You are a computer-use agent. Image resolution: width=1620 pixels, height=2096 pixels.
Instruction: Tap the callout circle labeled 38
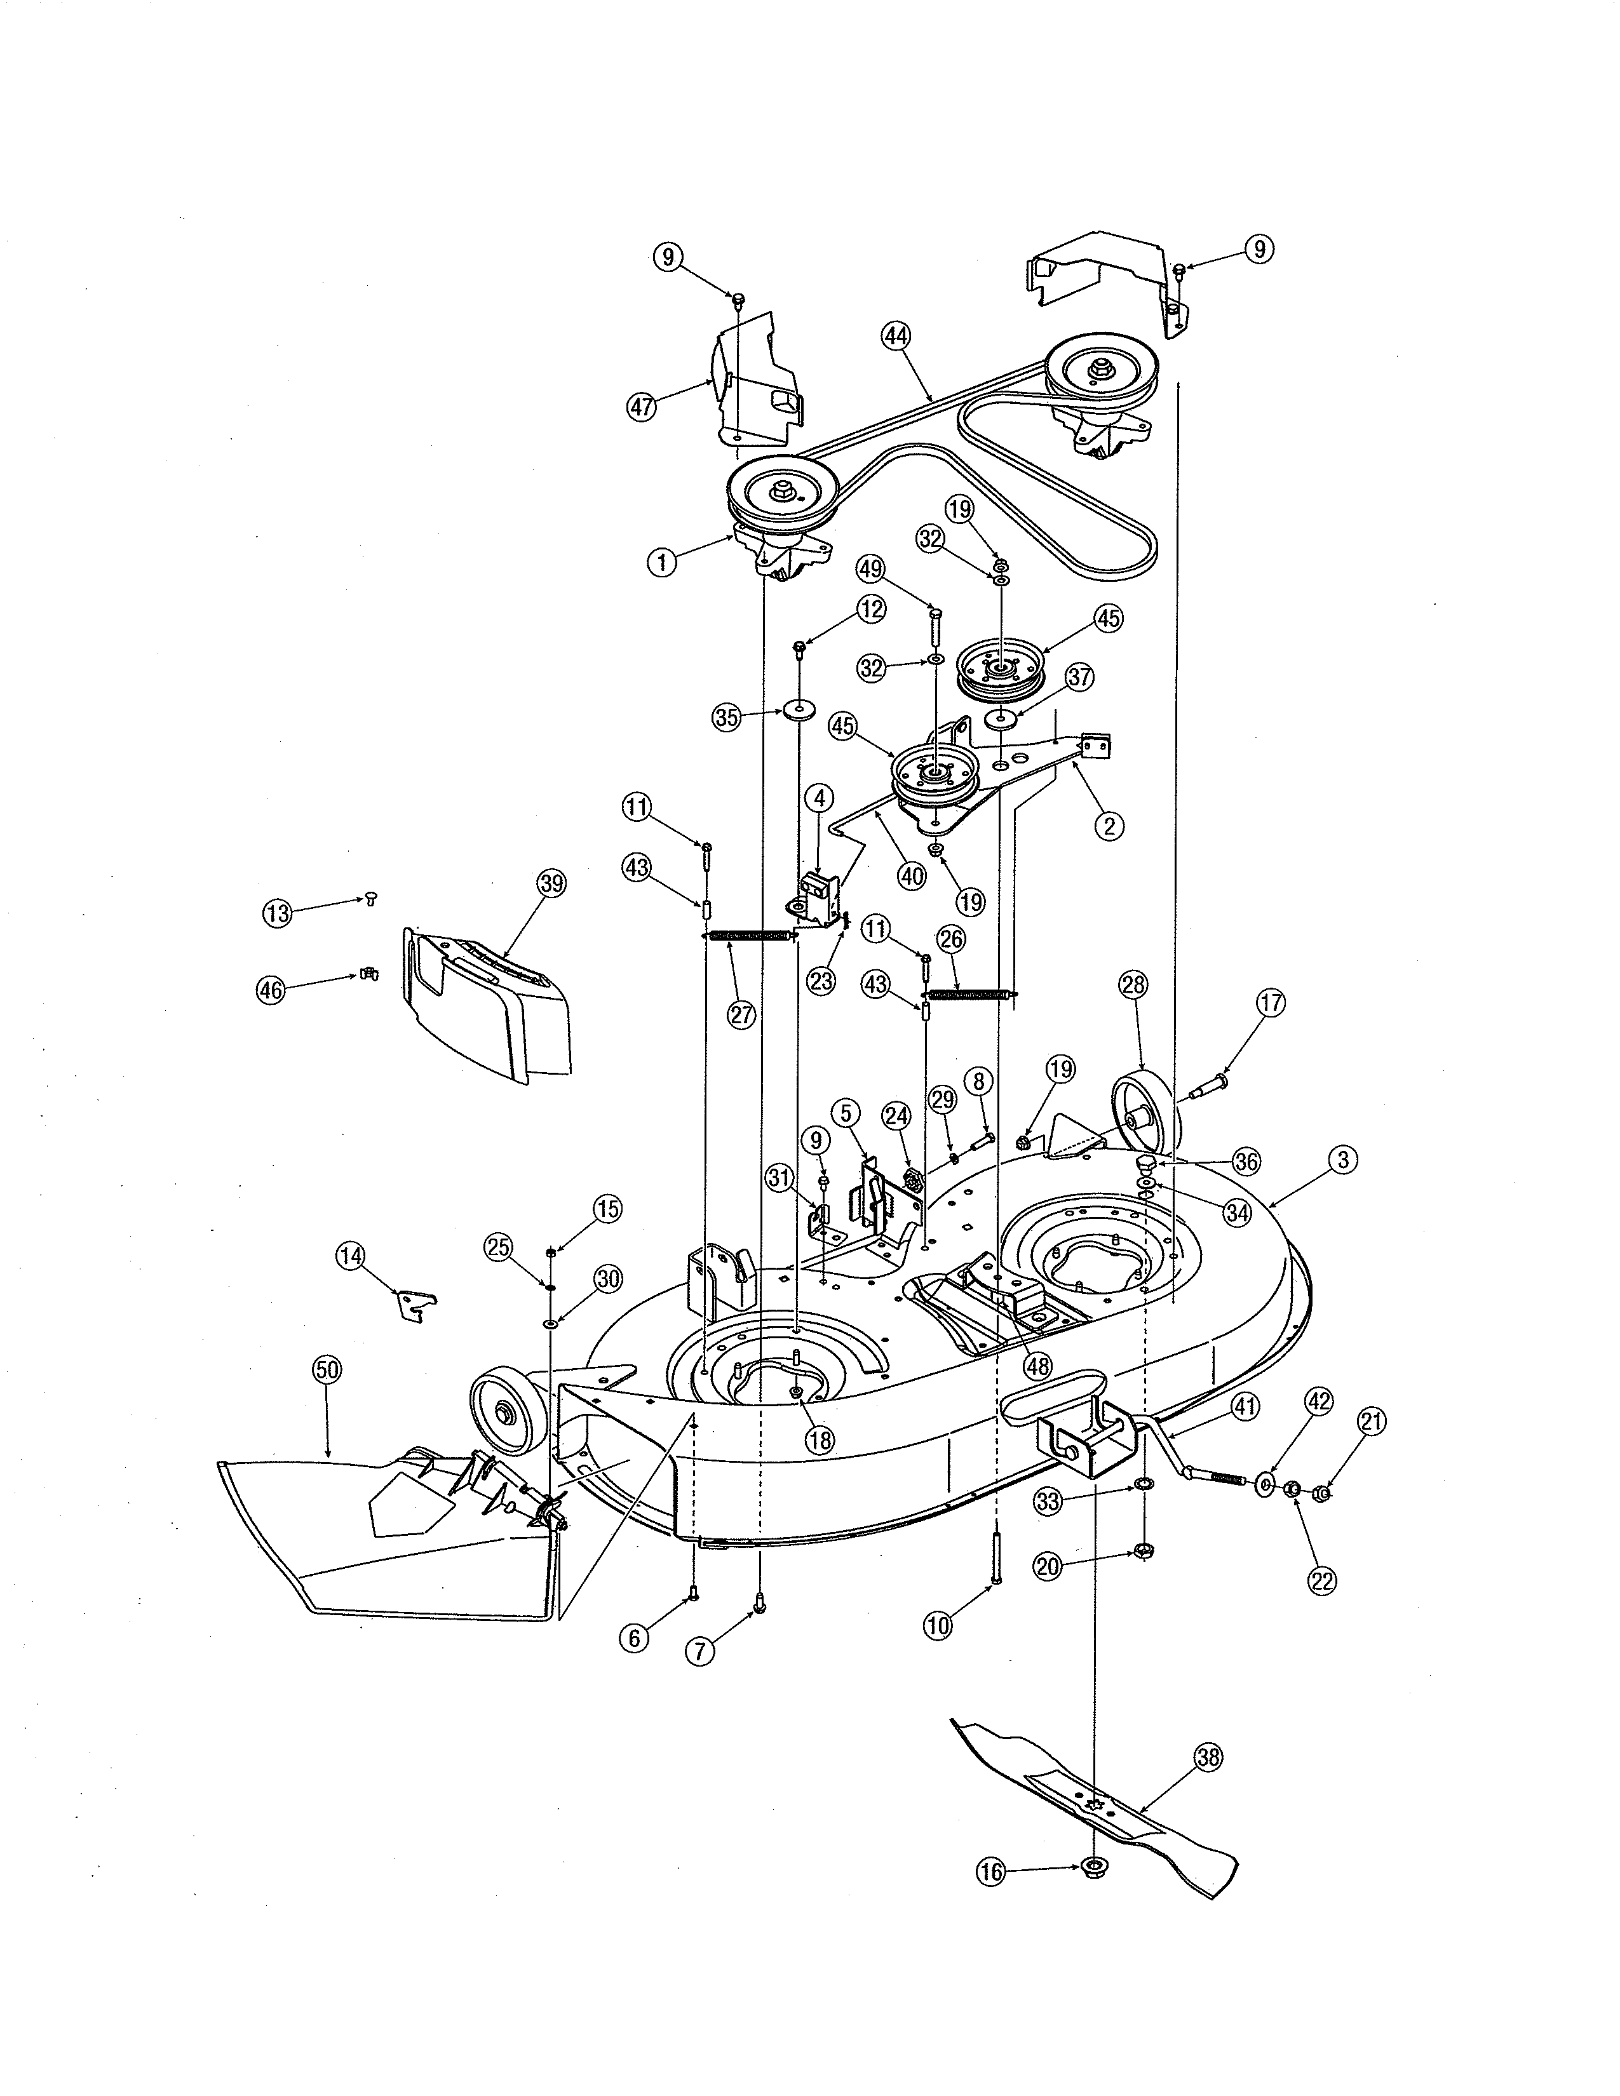click(1208, 1757)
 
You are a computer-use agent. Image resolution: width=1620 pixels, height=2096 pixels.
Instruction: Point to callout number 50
click(327, 1369)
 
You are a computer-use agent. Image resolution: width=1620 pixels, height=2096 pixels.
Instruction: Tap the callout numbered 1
click(661, 562)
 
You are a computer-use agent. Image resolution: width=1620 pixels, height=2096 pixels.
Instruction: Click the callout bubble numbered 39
click(552, 883)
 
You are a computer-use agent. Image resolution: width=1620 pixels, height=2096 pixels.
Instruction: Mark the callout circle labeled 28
click(1133, 984)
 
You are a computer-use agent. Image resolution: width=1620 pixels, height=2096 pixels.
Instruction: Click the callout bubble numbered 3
click(1342, 1159)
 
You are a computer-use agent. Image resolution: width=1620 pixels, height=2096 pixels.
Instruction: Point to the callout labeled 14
click(351, 1255)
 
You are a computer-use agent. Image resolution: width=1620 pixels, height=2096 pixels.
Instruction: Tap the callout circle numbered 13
click(278, 913)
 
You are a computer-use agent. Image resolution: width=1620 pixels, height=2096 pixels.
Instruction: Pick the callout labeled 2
click(1109, 825)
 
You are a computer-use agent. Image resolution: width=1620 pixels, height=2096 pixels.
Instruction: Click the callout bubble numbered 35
click(727, 717)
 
